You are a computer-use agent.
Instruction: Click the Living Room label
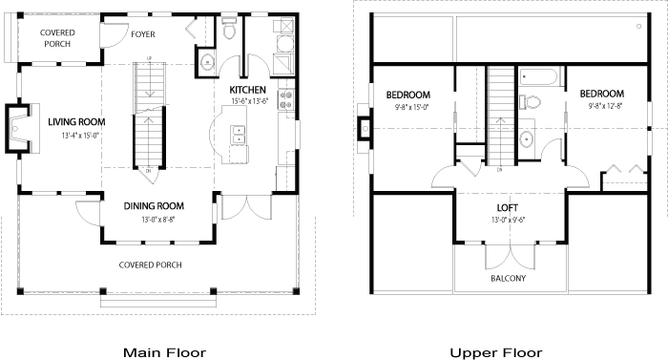coord(76,122)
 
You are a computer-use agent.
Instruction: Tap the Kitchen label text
coord(247,90)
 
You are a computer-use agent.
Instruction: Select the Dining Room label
coord(154,206)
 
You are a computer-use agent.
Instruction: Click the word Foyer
coord(143,34)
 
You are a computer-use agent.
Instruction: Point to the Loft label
coord(508,208)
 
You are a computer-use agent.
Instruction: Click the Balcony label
coord(509,279)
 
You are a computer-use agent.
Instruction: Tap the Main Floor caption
coord(164,352)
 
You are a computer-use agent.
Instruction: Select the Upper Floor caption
coord(496,352)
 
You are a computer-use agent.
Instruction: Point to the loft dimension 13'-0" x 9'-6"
coord(509,220)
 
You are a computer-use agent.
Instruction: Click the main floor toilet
coord(229,28)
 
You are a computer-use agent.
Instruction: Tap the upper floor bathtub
coord(538,77)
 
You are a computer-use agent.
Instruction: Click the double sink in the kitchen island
coord(238,135)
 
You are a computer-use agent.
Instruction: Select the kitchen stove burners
coord(285,99)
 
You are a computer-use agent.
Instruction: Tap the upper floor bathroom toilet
coord(530,102)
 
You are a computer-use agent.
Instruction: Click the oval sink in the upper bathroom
coord(527,139)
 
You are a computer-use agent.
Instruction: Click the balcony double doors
coord(510,257)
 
